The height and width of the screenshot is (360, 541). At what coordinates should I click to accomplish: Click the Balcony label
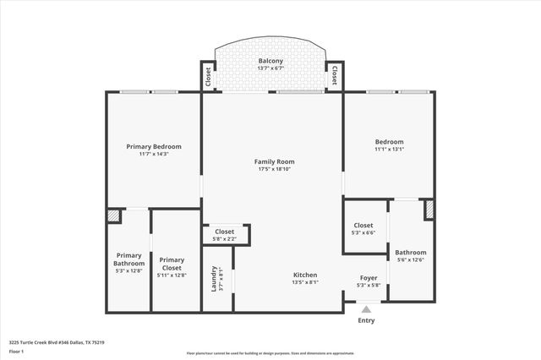[270, 62]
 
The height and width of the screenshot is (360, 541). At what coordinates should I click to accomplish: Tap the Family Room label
[275, 161]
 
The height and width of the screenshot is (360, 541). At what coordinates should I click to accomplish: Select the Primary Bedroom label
[154, 146]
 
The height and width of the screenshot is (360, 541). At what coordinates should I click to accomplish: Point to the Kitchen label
[305, 275]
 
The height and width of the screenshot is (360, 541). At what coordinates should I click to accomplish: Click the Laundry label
[213, 281]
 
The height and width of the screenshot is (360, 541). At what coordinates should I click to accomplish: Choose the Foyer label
[369, 277]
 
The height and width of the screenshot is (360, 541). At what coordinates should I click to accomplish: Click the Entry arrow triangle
[366, 310]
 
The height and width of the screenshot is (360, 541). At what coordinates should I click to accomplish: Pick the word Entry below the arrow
[366, 320]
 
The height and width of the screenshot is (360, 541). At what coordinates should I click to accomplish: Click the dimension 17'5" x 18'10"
[275, 169]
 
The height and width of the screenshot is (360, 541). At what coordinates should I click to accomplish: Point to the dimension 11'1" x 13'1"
[390, 150]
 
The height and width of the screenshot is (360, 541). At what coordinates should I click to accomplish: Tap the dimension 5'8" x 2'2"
[224, 239]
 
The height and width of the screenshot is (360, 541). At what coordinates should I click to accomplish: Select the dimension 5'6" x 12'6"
[411, 260]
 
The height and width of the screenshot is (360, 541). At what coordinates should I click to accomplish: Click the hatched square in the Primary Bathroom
[113, 216]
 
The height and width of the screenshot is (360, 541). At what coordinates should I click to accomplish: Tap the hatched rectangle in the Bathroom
[429, 209]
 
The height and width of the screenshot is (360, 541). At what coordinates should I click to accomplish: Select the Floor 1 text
[17, 351]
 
